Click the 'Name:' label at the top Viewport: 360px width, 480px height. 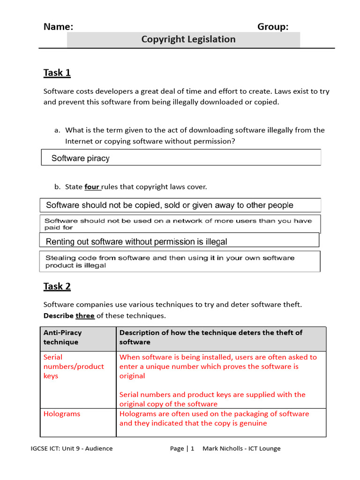(x=58, y=27)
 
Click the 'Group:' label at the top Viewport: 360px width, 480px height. (x=273, y=27)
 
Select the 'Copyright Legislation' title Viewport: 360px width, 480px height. (x=188, y=39)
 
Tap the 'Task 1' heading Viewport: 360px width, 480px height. (x=57, y=73)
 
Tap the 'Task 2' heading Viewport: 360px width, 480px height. (x=57, y=286)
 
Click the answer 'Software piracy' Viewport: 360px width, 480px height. (x=81, y=158)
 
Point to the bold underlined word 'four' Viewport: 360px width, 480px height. (x=92, y=187)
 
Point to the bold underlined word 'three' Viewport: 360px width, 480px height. (x=85, y=316)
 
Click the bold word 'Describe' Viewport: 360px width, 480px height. (x=59, y=316)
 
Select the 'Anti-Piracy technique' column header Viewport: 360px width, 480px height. (x=62, y=337)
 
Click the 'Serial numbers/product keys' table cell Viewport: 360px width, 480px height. (x=74, y=367)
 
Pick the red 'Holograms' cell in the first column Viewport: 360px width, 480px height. (x=62, y=414)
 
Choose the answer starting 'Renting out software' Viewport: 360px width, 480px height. (x=136, y=242)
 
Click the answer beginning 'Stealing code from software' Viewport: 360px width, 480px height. (x=170, y=262)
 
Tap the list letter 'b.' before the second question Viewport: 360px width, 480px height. (x=58, y=187)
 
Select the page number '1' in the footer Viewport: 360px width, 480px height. (x=192, y=449)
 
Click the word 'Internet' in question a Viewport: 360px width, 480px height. (x=79, y=141)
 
